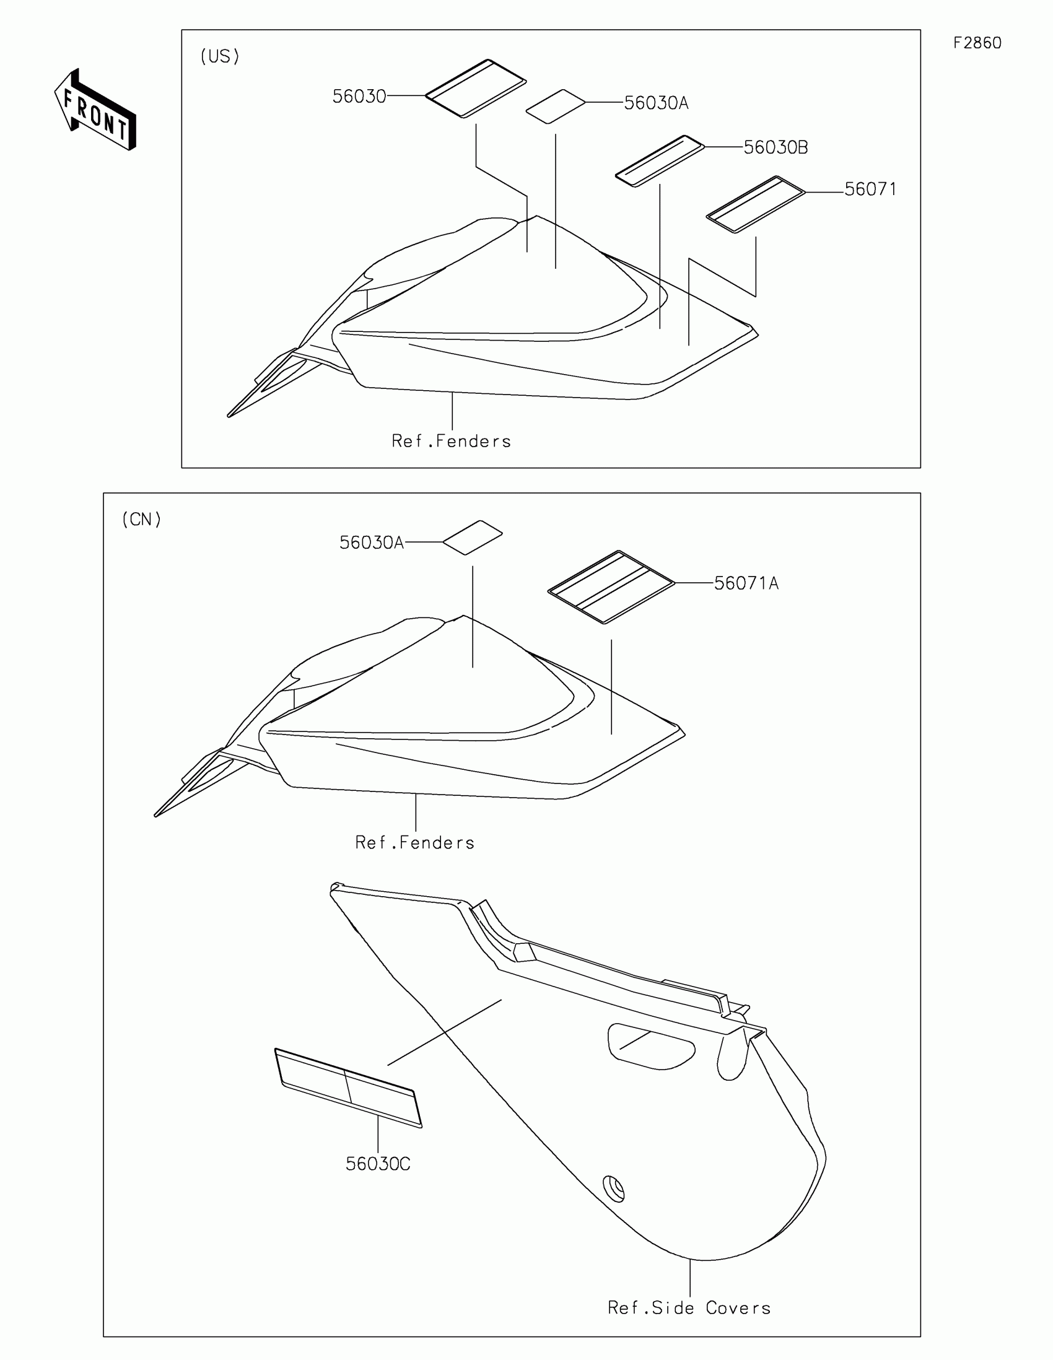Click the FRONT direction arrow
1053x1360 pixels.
click(x=95, y=110)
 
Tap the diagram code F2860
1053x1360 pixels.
click(x=977, y=43)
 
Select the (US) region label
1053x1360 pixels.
click(x=219, y=57)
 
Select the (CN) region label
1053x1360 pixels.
click(x=141, y=520)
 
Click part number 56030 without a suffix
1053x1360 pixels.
click(x=359, y=97)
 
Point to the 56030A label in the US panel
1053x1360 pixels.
click(x=656, y=103)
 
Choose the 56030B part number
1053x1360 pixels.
click(x=776, y=147)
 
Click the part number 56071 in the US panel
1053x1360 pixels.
click(x=870, y=190)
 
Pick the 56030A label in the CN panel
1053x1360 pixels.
click(x=371, y=543)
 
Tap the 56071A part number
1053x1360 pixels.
click(x=745, y=583)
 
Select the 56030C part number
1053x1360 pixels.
click(x=377, y=1164)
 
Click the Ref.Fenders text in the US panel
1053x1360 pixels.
click(x=451, y=442)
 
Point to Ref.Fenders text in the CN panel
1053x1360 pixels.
click(x=415, y=843)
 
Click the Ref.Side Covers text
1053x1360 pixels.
click(x=689, y=1308)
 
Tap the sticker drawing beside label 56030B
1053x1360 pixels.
click(x=660, y=160)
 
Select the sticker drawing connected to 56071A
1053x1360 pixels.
click(x=611, y=586)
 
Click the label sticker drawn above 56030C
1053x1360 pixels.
click(x=347, y=1088)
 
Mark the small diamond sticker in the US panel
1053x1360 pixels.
click(x=556, y=107)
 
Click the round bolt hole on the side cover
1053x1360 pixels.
click(x=614, y=1188)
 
